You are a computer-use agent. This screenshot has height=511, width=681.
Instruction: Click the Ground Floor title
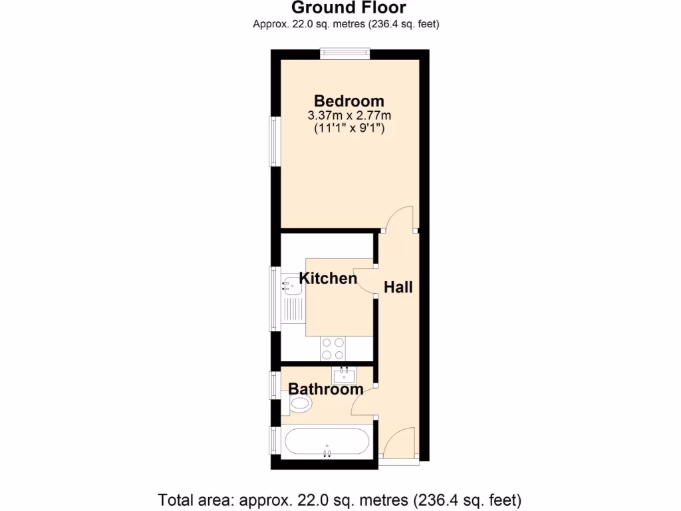coord(348,8)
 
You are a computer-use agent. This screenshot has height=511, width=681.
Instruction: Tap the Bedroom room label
coord(348,101)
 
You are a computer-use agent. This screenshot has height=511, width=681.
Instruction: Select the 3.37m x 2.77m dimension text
coord(348,116)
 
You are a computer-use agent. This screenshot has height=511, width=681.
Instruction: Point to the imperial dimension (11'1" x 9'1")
coord(348,129)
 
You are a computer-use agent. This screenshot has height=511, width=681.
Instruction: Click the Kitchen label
coord(328,278)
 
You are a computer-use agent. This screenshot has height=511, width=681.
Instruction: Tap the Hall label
coord(398,287)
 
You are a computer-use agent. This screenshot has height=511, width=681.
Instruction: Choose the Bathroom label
coord(326,389)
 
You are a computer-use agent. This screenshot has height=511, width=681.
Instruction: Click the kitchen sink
coord(292,285)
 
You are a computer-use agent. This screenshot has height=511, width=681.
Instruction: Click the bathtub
coord(326,442)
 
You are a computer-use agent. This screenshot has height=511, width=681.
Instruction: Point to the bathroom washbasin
coord(344,376)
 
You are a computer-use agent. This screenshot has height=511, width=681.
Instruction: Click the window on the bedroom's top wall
coord(344,54)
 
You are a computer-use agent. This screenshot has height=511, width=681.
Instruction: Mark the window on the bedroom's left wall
coord(273,142)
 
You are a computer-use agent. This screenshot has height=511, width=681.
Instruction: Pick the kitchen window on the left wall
coord(273,298)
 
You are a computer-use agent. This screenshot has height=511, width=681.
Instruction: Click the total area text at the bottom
coord(340,499)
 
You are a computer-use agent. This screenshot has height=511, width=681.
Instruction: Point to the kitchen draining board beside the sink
coord(293,309)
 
